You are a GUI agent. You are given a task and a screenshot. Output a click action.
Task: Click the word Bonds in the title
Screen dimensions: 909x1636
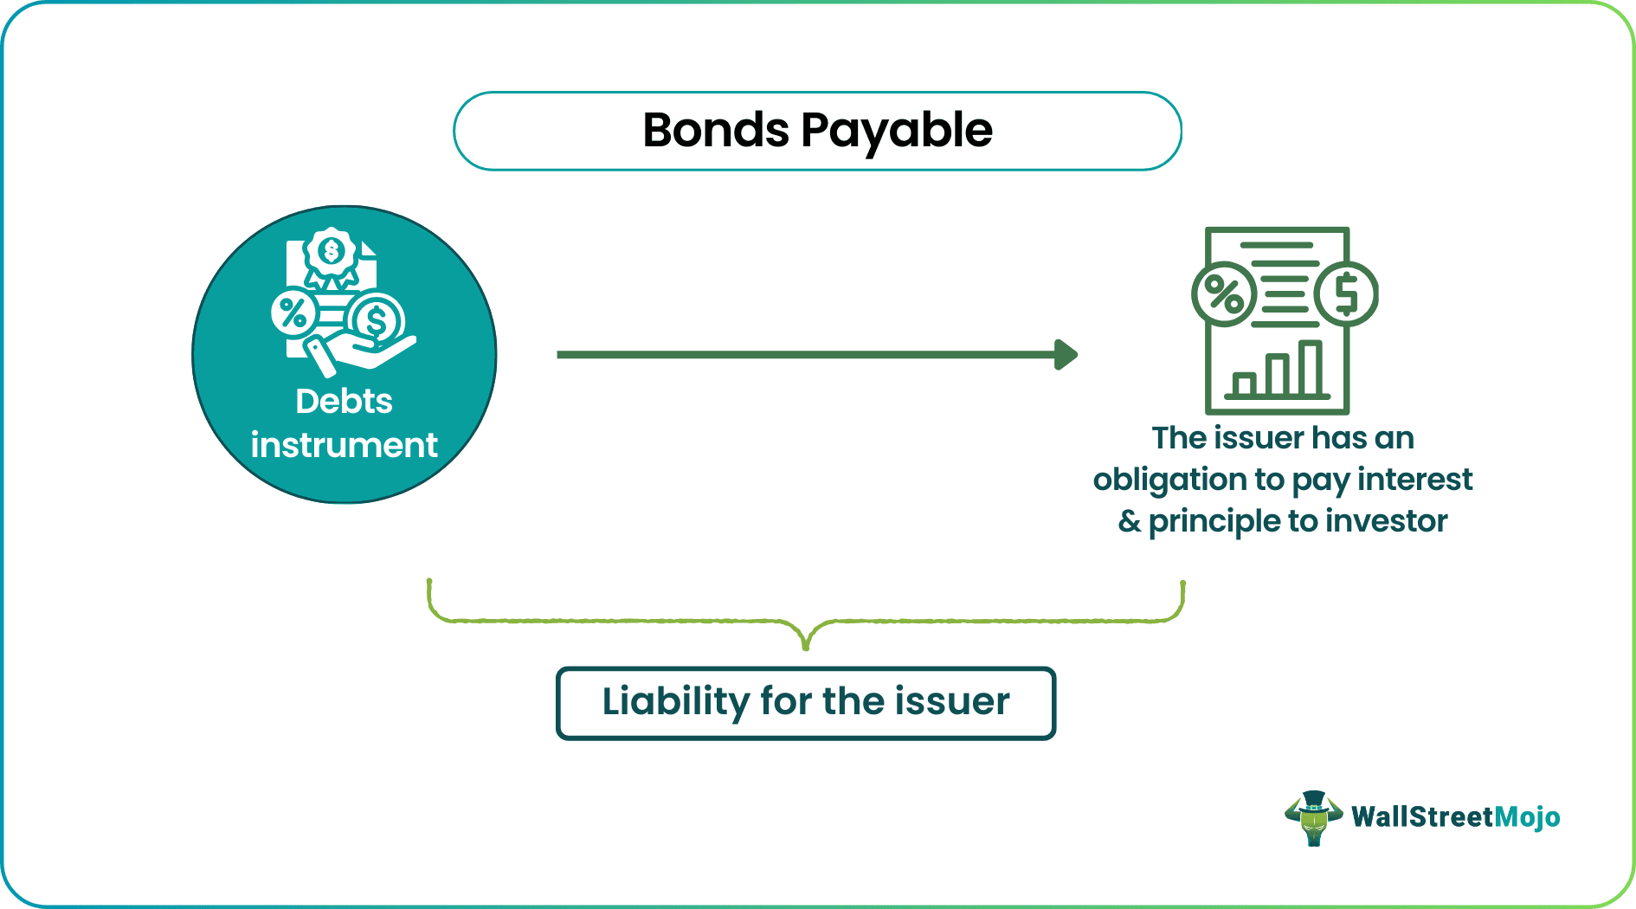pyautogui.click(x=715, y=131)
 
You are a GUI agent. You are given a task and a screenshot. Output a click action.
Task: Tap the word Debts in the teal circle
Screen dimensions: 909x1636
pyautogui.click(x=344, y=402)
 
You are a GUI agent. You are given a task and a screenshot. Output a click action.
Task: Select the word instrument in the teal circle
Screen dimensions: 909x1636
pyautogui.click(x=344, y=445)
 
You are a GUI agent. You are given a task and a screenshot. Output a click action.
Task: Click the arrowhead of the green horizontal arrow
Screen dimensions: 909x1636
pyautogui.click(x=1066, y=354)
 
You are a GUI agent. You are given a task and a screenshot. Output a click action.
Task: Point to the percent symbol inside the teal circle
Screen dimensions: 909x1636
pyautogui.click(x=293, y=313)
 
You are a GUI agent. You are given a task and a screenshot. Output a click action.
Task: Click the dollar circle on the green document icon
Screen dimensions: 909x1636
pyautogui.click(x=1346, y=293)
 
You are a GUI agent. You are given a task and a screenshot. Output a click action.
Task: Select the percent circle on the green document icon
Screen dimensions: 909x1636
pyautogui.click(x=1224, y=294)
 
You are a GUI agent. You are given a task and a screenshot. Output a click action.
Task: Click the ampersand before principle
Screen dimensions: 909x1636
pyautogui.click(x=1129, y=521)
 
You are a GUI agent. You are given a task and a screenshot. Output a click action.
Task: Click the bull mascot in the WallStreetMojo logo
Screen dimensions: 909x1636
pyautogui.click(x=1313, y=817)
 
